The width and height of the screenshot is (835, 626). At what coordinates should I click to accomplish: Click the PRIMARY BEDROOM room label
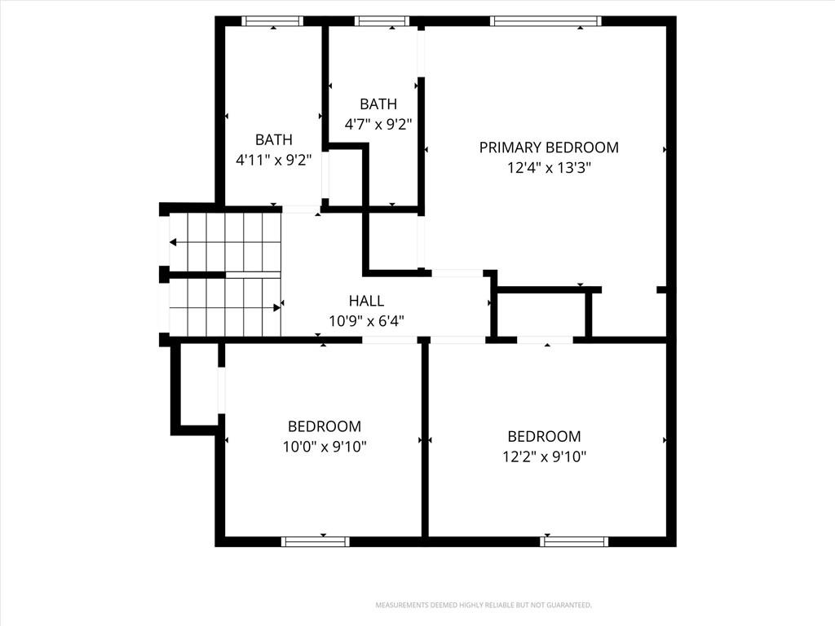(549, 148)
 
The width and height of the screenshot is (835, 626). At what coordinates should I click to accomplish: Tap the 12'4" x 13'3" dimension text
(549, 168)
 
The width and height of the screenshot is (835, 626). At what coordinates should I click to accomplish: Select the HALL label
(366, 301)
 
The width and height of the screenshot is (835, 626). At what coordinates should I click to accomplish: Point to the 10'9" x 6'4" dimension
(366, 321)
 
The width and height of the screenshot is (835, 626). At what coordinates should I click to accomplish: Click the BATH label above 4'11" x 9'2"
(274, 139)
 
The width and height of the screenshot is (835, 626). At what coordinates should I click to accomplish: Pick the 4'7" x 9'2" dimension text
(378, 125)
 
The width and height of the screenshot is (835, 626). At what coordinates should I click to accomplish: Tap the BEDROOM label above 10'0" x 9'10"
(325, 426)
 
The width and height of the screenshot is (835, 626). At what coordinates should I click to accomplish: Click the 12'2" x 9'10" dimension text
(544, 456)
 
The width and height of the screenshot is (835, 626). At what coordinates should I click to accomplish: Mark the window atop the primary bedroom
(546, 20)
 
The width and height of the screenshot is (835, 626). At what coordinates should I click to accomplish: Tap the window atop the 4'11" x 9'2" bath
(272, 20)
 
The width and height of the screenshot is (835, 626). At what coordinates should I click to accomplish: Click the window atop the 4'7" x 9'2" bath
(382, 20)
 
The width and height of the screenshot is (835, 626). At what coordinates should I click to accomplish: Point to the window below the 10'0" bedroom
(316, 542)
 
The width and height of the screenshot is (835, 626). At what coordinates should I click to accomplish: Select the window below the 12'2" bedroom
(574, 542)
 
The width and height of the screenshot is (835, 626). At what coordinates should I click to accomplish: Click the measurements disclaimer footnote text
(484, 606)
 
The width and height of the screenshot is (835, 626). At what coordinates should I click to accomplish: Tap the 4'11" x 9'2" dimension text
(274, 161)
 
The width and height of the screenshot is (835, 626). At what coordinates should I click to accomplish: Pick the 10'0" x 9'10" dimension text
(325, 447)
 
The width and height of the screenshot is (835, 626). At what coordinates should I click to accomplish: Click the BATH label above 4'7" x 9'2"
(378, 104)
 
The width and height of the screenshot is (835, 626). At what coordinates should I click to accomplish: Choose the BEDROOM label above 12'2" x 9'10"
(544, 437)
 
